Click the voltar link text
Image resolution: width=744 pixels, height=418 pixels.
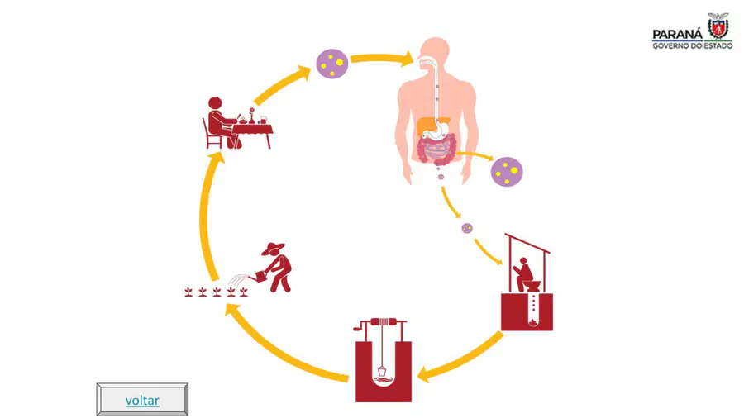(x=142, y=401)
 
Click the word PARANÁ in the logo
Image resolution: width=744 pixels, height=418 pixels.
(x=678, y=34)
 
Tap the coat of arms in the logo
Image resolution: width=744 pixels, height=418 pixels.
(x=718, y=26)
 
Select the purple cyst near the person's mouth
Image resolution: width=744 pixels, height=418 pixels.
(x=332, y=64)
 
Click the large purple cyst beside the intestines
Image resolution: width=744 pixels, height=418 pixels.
(x=507, y=172)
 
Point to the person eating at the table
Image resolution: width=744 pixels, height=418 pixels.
(x=221, y=122)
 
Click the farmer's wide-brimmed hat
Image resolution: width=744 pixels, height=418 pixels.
(x=273, y=249)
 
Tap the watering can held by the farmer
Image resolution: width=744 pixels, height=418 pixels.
(x=262, y=276)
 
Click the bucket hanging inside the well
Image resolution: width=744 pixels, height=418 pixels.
(x=381, y=373)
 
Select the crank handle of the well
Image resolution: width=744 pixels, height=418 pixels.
(x=360, y=325)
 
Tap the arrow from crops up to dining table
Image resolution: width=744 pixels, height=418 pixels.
(x=206, y=216)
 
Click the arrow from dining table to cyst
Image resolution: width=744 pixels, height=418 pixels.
(x=281, y=85)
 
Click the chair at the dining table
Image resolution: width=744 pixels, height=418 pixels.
(x=212, y=135)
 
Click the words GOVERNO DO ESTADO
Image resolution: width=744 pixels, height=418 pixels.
(x=692, y=46)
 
